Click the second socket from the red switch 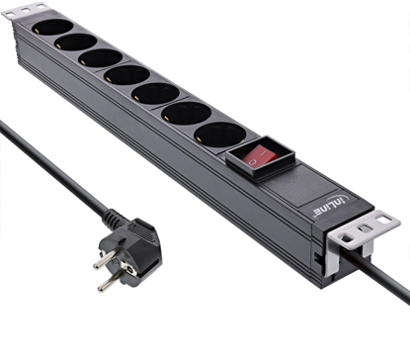coord(187,112)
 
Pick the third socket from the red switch coord(155,93)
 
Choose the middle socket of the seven coord(126,74)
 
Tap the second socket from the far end coord(75,43)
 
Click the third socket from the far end coord(100,58)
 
